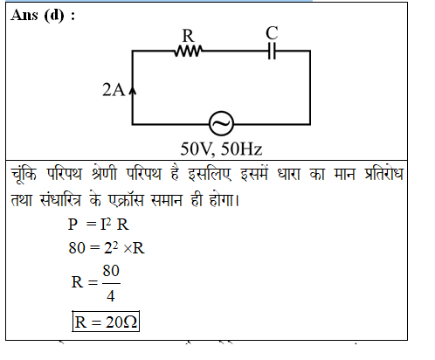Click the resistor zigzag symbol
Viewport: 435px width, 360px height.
[189, 51]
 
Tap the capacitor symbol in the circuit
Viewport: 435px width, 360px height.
[272, 51]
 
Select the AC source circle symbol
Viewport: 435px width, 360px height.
[221, 123]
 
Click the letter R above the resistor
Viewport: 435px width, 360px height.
[188, 36]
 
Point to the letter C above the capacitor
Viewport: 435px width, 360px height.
[272, 33]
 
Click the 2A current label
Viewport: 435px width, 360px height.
[114, 89]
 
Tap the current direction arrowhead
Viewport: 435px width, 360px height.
[133, 91]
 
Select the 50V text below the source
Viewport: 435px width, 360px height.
[198, 149]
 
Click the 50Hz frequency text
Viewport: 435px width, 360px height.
[241, 149]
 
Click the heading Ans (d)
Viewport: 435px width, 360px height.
[43, 15]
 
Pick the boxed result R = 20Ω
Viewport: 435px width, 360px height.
[106, 322]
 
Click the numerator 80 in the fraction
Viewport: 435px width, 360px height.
[111, 271]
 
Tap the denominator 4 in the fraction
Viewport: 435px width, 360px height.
[111, 296]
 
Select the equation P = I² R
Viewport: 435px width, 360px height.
[98, 225]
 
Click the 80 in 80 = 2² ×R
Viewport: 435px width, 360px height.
[77, 248]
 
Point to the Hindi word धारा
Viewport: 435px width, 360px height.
[288, 175]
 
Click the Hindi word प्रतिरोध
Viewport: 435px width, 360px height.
[383, 174]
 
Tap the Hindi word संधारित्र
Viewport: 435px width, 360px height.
[60, 200]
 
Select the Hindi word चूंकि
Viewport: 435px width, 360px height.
[24, 175]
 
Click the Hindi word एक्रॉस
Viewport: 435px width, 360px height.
[126, 200]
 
